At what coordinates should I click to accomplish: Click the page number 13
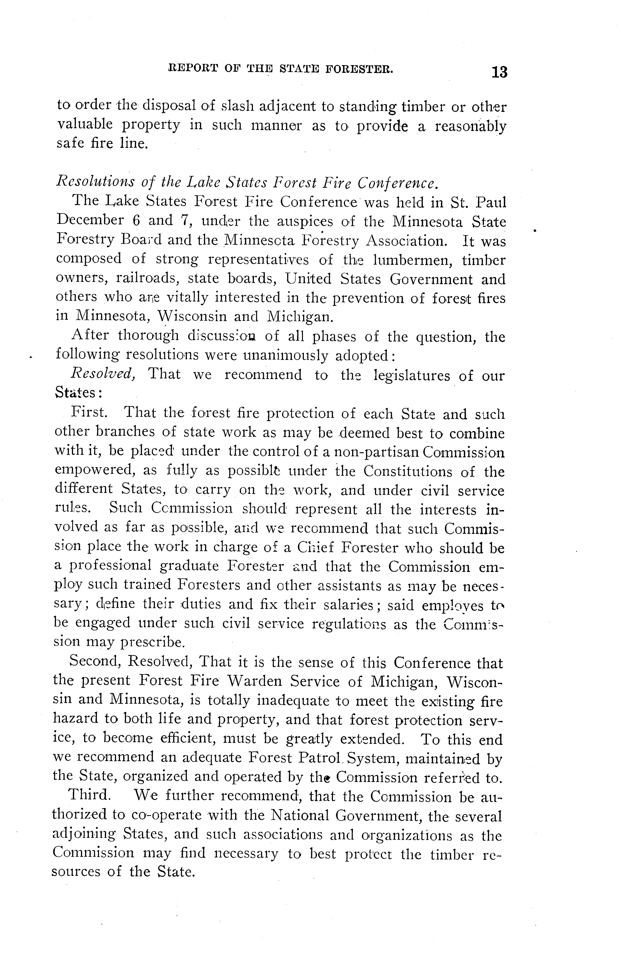(499, 72)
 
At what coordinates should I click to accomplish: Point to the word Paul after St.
(491, 202)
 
